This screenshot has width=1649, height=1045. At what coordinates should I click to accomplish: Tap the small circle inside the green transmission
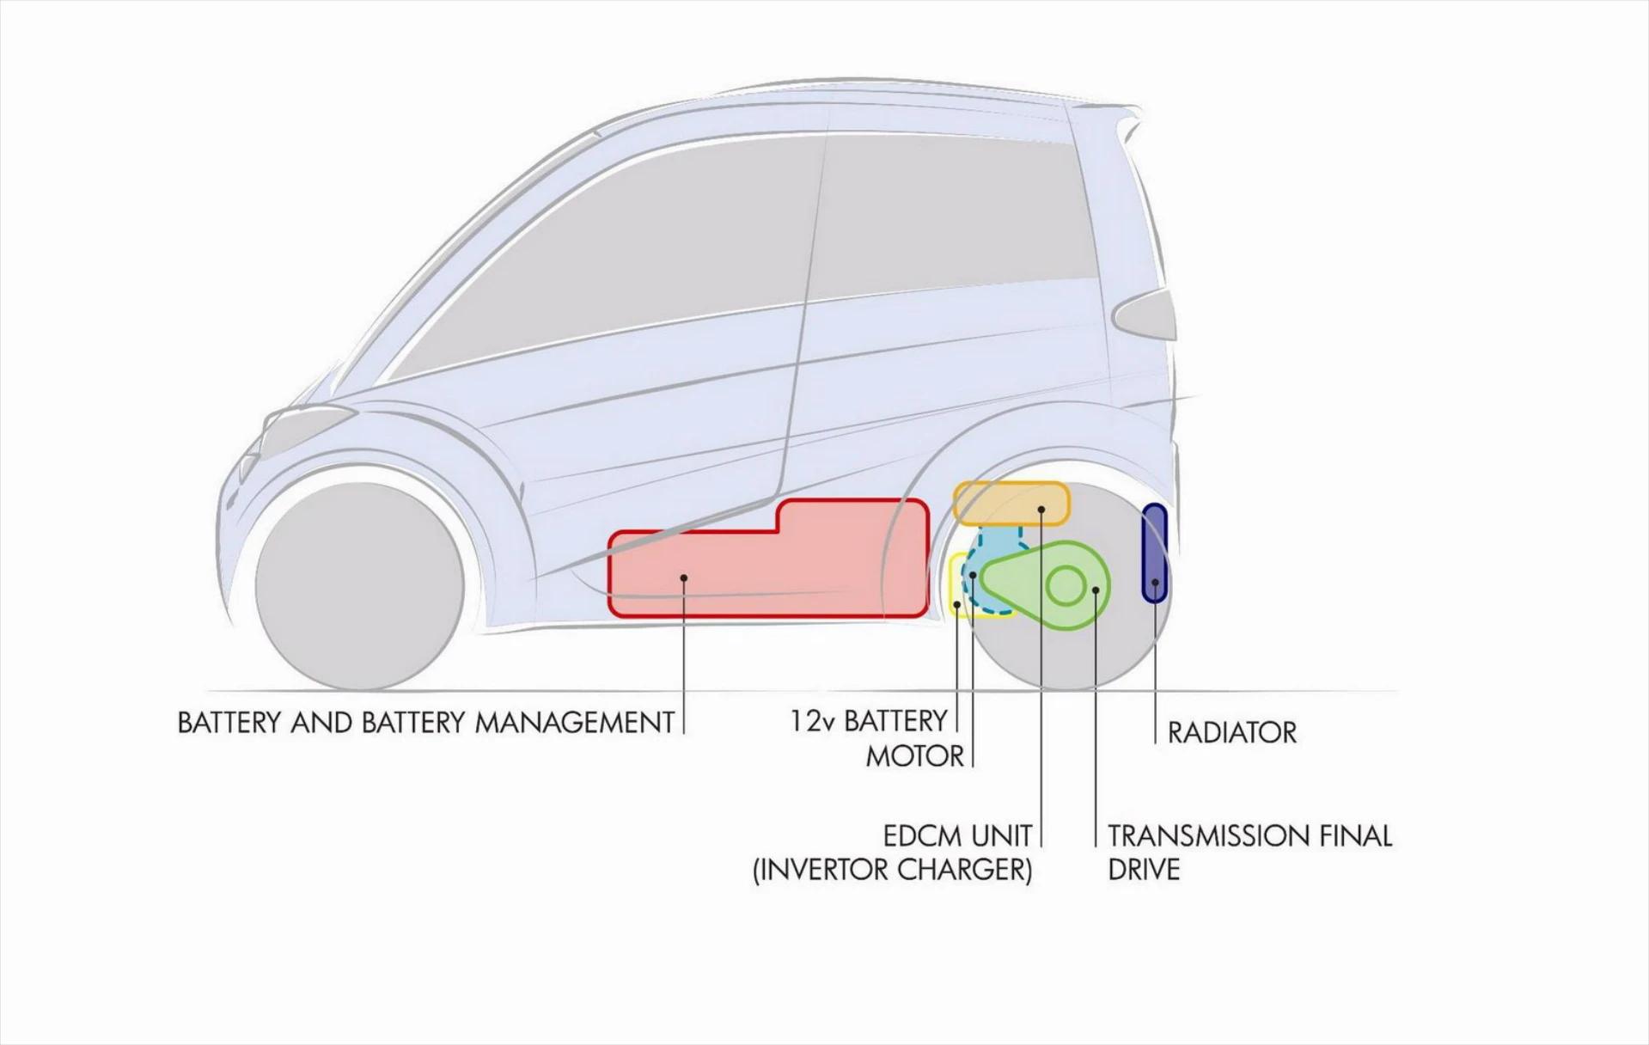(1066, 587)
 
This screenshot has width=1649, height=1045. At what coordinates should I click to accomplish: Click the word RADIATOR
(1231, 733)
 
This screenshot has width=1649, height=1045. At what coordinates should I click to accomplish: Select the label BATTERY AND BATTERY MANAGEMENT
(425, 723)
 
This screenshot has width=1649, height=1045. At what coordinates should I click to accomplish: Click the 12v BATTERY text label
(868, 721)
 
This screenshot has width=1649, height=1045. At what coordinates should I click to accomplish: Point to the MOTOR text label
(914, 757)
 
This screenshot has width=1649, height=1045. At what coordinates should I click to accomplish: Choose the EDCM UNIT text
(956, 835)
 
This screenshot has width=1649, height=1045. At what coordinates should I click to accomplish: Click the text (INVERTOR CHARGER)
(892, 870)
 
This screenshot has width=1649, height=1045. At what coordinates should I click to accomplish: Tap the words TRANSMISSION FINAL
(1249, 835)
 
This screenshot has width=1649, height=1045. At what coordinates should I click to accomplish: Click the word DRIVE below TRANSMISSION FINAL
(1143, 870)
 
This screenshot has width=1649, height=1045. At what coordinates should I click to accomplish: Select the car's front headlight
(305, 421)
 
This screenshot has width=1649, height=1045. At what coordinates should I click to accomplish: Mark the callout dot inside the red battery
(684, 577)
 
